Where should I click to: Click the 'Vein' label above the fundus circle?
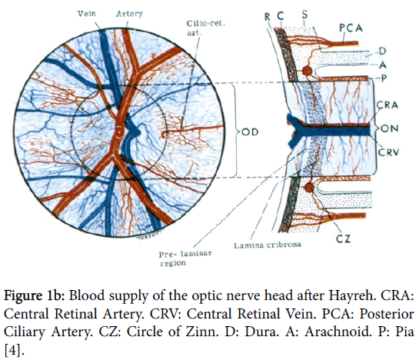point(87,13)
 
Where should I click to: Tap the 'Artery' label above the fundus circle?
point(129,14)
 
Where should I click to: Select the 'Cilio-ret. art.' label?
point(205,28)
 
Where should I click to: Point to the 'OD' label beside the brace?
point(250,132)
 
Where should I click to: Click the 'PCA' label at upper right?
point(351,28)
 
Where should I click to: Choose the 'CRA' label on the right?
point(387,105)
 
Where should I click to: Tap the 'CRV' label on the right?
point(388,152)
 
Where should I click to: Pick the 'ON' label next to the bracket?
point(390,128)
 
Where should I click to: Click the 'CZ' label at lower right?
point(343,238)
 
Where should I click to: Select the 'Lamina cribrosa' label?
point(268,245)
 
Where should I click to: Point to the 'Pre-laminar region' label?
point(185,258)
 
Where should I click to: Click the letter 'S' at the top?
point(304,14)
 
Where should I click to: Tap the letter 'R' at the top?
point(268,17)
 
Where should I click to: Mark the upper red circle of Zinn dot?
point(307,71)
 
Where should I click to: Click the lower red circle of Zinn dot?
point(309,188)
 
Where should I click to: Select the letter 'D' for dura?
point(382,51)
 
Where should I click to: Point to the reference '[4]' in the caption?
point(14,350)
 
